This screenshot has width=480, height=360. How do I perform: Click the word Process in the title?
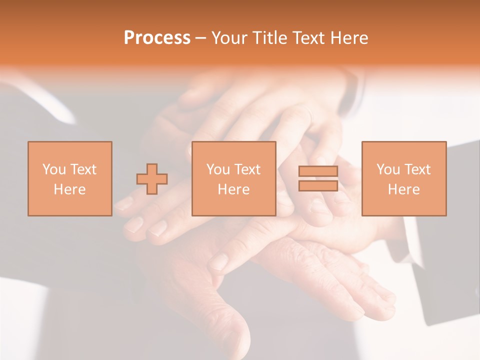(157, 38)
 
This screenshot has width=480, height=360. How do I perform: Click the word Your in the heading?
(230, 38)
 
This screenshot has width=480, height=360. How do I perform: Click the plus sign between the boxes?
(152, 179)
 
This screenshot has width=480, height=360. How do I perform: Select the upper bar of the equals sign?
(318, 171)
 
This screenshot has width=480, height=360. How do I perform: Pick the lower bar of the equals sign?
(318, 185)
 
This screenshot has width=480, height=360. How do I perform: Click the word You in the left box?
(53, 169)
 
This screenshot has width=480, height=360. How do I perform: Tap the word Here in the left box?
(69, 189)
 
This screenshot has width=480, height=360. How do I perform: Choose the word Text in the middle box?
(247, 169)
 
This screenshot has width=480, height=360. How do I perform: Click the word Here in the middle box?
(233, 189)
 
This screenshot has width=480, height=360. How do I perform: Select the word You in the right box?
(388, 169)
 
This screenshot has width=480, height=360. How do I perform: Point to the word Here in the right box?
(404, 189)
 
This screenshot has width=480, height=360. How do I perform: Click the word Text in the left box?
(83, 169)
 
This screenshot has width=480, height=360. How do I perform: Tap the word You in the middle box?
(218, 169)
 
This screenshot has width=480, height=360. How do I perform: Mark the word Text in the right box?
(417, 169)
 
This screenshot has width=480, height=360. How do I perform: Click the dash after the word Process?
(201, 38)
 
